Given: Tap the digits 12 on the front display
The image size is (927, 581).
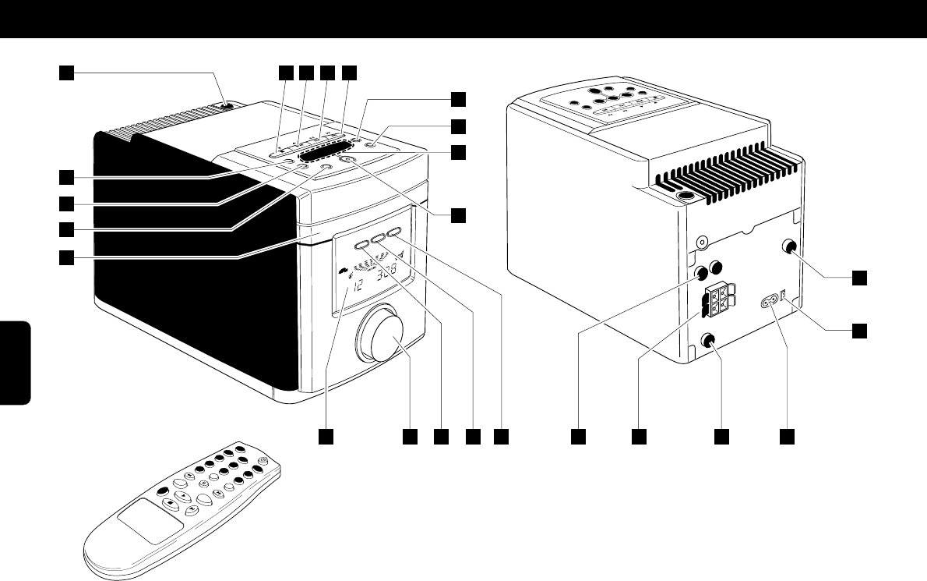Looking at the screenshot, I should pos(358,287).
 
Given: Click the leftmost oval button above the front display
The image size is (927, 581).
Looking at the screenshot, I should pos(362,245).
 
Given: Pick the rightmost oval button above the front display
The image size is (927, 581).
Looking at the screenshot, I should pos(392,232).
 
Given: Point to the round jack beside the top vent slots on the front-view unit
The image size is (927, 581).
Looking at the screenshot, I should pos(226,107).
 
